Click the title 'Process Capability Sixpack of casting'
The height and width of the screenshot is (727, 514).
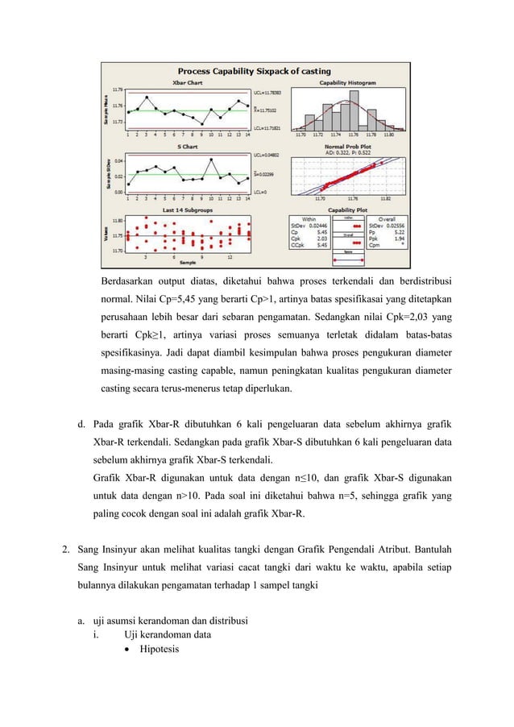255,71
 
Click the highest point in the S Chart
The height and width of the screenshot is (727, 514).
212,159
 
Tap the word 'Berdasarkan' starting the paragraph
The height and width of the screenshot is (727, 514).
127,282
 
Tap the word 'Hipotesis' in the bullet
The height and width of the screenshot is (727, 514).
160,650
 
